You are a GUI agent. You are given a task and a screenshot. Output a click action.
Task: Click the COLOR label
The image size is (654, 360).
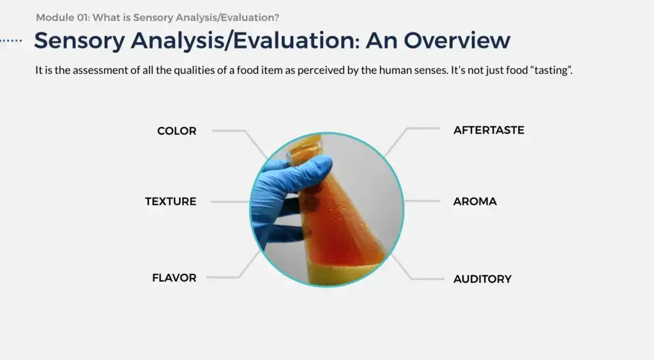click(176, 131)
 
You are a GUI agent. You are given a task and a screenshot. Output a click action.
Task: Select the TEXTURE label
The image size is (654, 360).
click(171, 202)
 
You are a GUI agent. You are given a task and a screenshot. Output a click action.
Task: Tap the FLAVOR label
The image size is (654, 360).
click(174, 278)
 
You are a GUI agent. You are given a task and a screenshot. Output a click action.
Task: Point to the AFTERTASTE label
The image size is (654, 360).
click(489, 130)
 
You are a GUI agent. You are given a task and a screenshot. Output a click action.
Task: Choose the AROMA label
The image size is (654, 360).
click(475, 202)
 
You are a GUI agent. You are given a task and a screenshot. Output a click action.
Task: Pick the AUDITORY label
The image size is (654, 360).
click(482, 279)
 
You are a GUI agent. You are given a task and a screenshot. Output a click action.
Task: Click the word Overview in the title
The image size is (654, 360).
click(457, 40)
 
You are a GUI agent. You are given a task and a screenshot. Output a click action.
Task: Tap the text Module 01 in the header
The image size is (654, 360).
click(62, 18)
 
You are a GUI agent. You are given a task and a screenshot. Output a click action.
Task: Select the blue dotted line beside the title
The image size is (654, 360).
click(11, 40)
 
